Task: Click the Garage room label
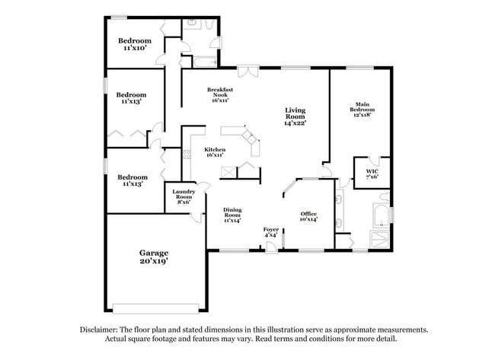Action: coord(153,253)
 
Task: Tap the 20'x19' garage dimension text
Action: coord(153,261)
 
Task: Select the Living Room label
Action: coord(295,113)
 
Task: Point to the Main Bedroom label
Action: coord(362,107)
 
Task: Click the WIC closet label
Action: coord(372,171)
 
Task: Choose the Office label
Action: coord(308,213)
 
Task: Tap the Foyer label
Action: coord(270,230)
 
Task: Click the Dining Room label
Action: coord(232,213)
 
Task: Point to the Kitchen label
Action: coord(215,150)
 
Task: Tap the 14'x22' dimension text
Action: coord(295,123)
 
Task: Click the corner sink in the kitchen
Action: coord(249,138)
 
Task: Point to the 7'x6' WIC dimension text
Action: coord(372,177)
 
